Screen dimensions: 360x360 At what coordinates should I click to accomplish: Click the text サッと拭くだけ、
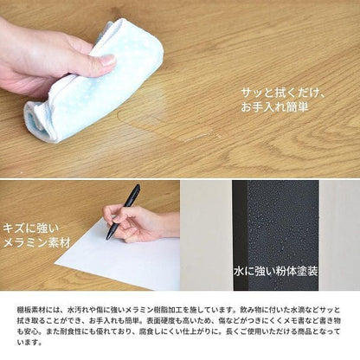pyautogui.click(x=284, y=93)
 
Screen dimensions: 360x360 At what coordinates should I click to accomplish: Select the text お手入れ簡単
pyautogui.click(x=274, y=107)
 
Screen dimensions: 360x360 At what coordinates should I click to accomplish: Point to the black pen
pyautogui.click(x=124, y=212)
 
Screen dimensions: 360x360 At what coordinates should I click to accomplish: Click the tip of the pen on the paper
pyautogui.click(x=107, y=239)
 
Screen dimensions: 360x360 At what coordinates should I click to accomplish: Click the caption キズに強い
pyautogui.click(x=31, y=229)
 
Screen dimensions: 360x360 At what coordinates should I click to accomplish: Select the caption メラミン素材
pyautogui.click(x=36, y=242)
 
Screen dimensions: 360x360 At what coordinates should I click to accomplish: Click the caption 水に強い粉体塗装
pyautogui.click(x=276, y=271)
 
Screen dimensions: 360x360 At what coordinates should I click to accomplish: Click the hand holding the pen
pyautogui.click(x=138, y=222)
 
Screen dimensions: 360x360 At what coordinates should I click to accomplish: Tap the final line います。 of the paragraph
pyautogui.click(x=29, y=343)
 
